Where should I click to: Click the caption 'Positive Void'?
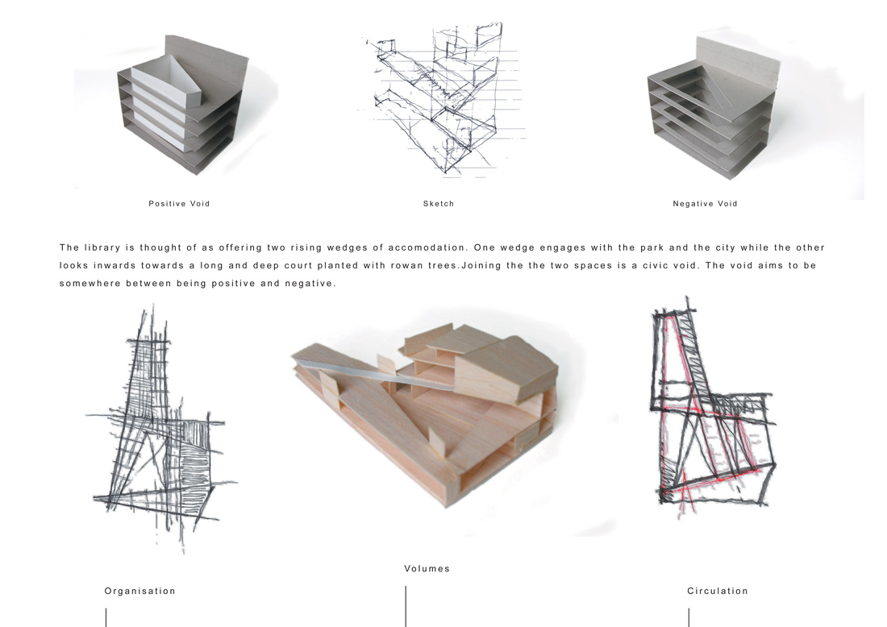pyautogui.click(x=179, y=204)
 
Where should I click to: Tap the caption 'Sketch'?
pyautogui.click(x=439, y=204)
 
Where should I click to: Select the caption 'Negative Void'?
pyautogui.click(x=705, y=204)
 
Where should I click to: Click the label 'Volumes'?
pyautogui.click(x=427, y=569)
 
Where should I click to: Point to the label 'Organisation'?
pyautogui.click(x=140, y=592)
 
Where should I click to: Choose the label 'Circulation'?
pyautogui.click(x=718, y=591)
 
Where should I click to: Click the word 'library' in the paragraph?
pyautogui.click(x=102, y=247)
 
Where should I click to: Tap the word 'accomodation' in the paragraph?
pyautogui.click(x=427, y=247)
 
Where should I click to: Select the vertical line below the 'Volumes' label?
pyautogui.click(x=406, y=606)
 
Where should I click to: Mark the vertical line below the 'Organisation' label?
pyautogui.click(x=106, y=617)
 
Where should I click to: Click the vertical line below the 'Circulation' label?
pyautogui.click(x=689, y=617)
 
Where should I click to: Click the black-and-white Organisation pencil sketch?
pyautogui.click(x=160, y=430)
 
